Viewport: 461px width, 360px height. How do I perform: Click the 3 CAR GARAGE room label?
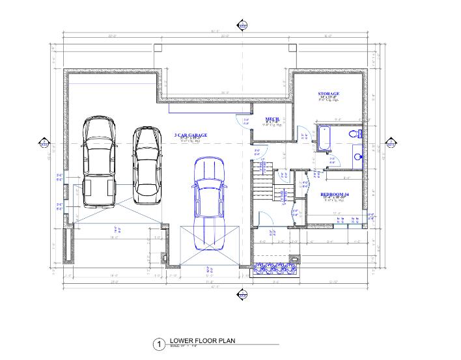[191, 135]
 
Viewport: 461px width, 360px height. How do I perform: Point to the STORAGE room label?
[328, 94]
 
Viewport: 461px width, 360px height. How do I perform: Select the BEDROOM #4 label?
[335, 195]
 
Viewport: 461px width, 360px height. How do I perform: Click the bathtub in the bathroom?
[324, 138]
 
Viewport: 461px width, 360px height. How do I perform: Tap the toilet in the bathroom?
[354, 133]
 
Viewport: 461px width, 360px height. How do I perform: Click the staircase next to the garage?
[263, 182]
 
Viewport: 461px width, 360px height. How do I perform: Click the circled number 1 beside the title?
[158, 344]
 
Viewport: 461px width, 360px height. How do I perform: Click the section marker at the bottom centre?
[242, 295]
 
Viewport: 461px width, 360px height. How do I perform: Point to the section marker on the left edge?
[45, 144]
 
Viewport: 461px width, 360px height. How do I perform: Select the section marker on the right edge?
[392, 144]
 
